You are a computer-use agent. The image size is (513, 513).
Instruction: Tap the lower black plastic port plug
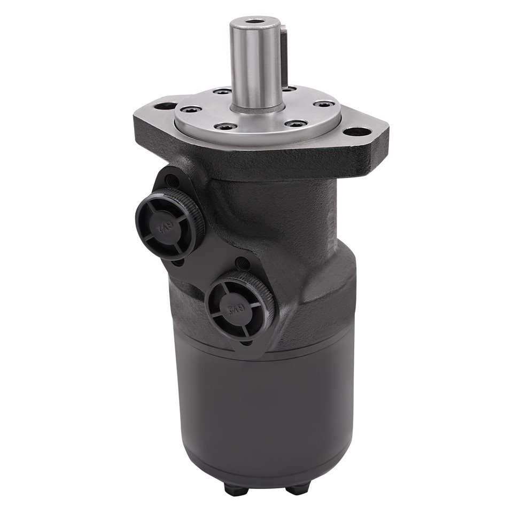(x=239, y=306)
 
